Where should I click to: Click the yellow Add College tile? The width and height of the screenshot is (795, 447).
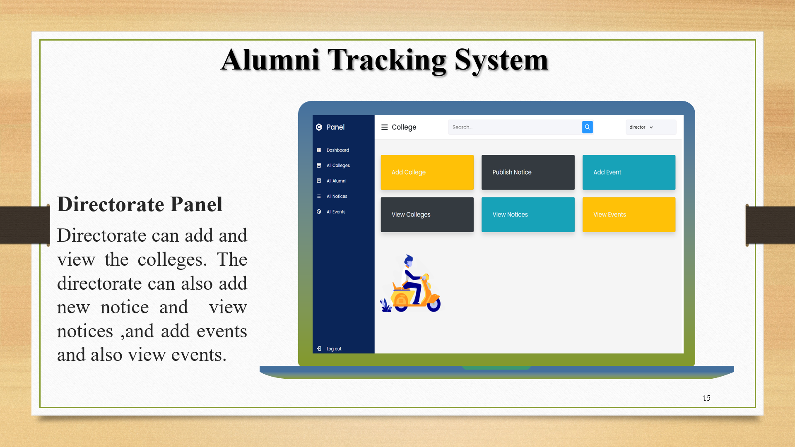coord(427,172)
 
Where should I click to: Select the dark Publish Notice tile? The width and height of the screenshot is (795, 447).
coord(528,172)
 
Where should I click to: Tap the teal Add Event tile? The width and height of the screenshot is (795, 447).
coord(629,172)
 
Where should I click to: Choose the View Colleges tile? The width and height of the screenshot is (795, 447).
coord(427,214)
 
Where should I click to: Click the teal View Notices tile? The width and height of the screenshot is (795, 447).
coord(528,214)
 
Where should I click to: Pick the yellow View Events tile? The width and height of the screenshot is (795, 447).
coord(629,214)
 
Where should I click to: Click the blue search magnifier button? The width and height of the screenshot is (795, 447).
coord(587,127)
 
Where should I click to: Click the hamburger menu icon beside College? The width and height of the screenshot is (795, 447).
coord(384,127)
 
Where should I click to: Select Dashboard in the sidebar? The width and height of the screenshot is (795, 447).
coord(337,150)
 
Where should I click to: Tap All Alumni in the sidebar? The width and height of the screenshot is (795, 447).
coord(336,181)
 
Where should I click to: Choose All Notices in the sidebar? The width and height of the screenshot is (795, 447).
coord(337,196)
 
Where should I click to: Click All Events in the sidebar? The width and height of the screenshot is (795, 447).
coord(336,212)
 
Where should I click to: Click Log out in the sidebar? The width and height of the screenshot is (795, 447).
coord(333,349)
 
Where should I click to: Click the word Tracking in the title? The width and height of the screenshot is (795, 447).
coord(387,60)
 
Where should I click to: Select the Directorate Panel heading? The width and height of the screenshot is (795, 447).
coord(140,204)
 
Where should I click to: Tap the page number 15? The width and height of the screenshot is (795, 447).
coord(706,398)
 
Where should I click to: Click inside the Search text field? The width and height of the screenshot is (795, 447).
coord(513,127)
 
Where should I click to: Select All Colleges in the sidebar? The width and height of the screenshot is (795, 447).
coord(338,166)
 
